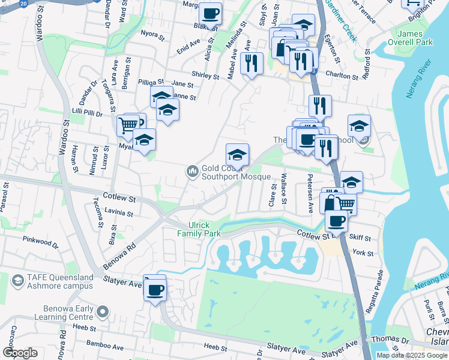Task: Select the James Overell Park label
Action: [x=414, y=38]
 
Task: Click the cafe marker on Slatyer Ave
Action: [x=155, y=290]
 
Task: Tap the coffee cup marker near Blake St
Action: [x=210, y=13]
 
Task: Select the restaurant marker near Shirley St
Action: [x=252, y=62]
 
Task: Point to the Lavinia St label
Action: [x=118, y=211]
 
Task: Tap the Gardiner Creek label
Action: [x=340, y=21]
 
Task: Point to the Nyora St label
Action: [x=152, y=34]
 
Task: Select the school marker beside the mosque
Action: [x=237, y=155]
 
